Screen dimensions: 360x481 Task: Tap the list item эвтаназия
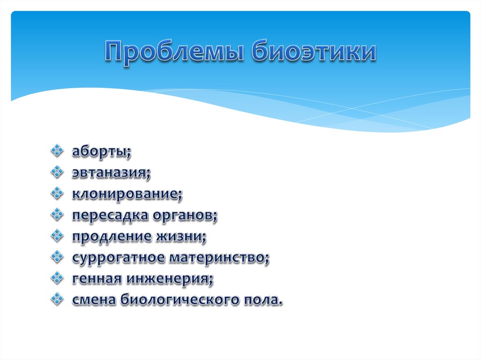tap(111, 174)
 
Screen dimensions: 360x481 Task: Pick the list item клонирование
tap(126, 194)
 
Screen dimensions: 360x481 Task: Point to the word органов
tap(184, 215)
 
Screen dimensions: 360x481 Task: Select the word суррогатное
tap(118, 258)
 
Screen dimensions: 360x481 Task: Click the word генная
tap(96, 279)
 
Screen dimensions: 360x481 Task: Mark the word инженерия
tap(169, 279)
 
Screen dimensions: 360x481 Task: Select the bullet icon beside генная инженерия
tap(57, 278)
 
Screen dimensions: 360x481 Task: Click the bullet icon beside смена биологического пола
tap(57, 299)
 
